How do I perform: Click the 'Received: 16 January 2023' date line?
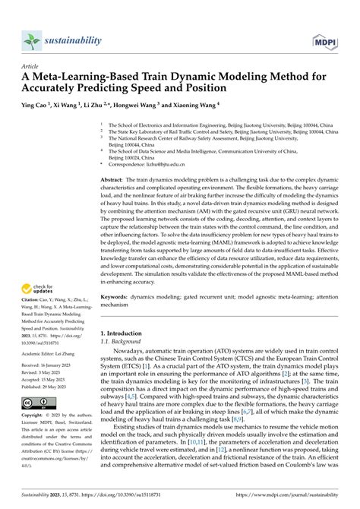coord(52,388)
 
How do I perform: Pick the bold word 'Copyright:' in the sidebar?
coord(35,439)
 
